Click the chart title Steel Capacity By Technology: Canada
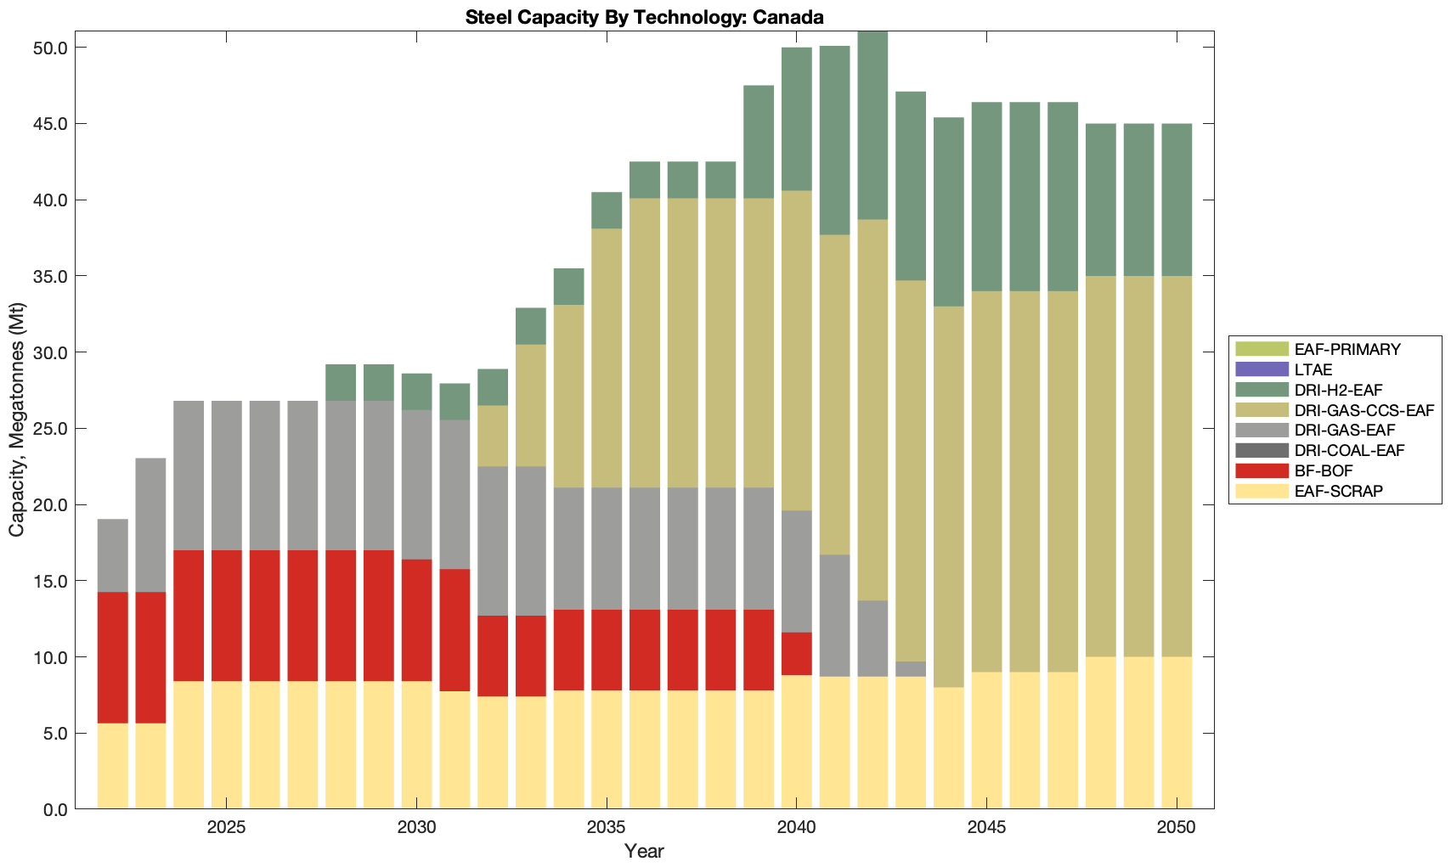644,17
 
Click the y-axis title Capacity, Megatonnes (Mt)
17,419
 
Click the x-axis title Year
644,851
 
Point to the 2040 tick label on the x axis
797,827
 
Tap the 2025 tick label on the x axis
226,827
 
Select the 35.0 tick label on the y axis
50,277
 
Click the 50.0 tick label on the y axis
50,48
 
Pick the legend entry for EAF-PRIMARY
1347,349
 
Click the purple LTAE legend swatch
1262,369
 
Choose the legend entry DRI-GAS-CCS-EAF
1364,410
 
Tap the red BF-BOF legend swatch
1262,470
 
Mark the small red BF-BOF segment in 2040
797,654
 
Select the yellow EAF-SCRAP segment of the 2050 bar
1177,732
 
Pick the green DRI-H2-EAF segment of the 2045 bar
986,197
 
